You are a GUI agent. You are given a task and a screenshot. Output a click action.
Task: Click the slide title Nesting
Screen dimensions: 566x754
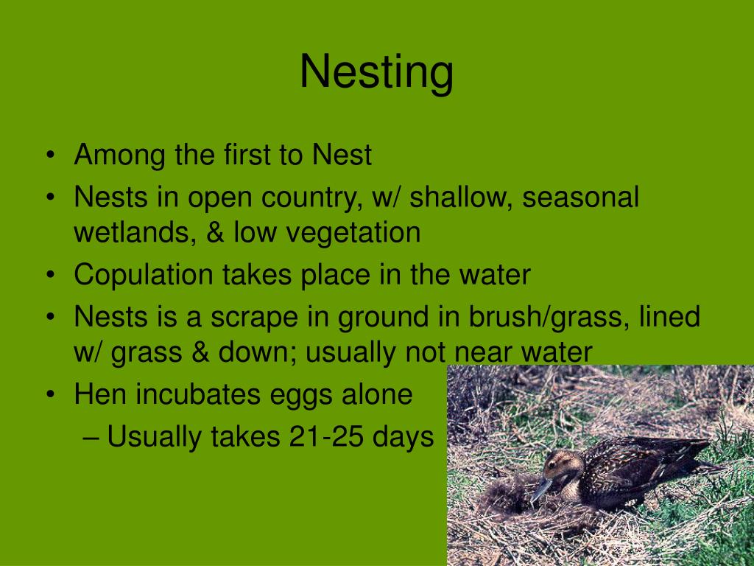[376, 73]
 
